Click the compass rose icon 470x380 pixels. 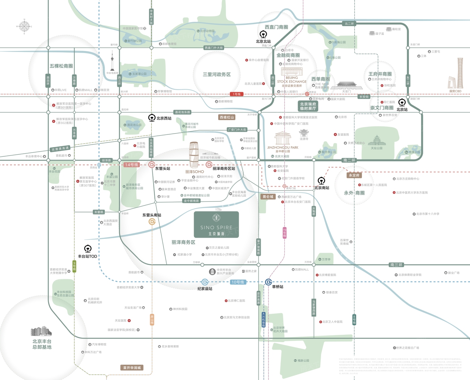[x=24, y=26]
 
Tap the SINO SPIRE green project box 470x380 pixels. [x=217, y=225]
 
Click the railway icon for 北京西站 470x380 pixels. [x=152, y=118]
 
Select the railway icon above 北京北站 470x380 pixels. [x=263, y=34]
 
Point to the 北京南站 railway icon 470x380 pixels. [x=321, y=181]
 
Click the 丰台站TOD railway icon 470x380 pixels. [x=88, y=249]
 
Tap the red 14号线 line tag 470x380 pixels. [x=132, y=165]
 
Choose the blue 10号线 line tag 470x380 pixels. [x=238, y=282]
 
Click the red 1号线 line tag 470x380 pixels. [x=236, y=94]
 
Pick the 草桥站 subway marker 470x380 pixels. [x=268, y=282]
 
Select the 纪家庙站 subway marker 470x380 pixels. [x=205, y=282]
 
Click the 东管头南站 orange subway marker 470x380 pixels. [x=152, y=222]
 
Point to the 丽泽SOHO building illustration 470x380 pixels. [x=194, y=155]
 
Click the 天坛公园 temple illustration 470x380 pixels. [x=377, y=141]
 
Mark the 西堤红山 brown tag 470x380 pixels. [x=227, y=117]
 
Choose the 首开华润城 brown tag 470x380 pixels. [x=132, y=368]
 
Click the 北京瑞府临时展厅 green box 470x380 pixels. [x=308, y=106]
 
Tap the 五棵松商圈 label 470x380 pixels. [x=61, y=66]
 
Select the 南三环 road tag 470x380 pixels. [x=396, y=265]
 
